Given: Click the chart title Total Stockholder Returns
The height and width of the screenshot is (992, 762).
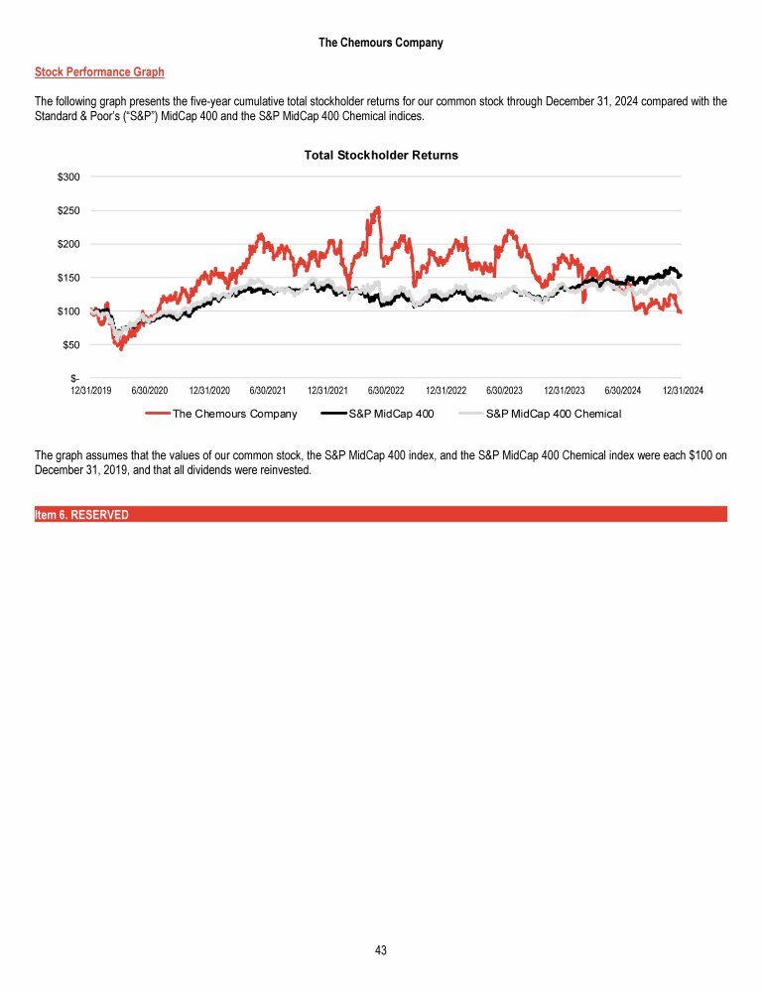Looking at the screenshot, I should pos(381,156).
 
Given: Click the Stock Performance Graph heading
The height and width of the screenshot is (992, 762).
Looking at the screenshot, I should pos(99,72).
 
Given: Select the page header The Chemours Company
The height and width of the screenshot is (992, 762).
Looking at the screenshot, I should pos(381,43).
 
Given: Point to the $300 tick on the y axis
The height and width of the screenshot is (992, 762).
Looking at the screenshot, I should pos(68,177).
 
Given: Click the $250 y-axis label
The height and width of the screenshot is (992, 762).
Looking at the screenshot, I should pos(68,210).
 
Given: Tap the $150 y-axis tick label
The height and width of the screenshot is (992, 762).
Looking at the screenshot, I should pos(68,278).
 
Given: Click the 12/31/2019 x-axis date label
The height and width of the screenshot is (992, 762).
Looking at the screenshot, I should pos(91,391).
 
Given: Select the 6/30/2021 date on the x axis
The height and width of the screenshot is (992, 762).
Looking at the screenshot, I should pos(269,391).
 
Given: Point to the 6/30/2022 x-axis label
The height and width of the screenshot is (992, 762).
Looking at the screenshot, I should pos(386,391).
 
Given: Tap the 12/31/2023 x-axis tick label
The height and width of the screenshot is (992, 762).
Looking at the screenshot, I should pos(565,391).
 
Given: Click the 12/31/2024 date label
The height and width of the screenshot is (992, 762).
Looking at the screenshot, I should pos(683,391).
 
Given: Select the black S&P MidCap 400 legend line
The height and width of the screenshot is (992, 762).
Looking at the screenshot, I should pos(334,414).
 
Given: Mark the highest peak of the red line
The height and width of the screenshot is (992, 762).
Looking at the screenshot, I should pos(378,208).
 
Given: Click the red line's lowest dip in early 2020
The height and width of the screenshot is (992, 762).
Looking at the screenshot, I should pos(121,348).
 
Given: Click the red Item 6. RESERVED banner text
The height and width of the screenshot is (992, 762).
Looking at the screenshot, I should pos(81,515).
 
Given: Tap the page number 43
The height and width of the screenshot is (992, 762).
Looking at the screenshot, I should pos(381,950).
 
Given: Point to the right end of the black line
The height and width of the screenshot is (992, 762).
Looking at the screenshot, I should pos(680,276).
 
